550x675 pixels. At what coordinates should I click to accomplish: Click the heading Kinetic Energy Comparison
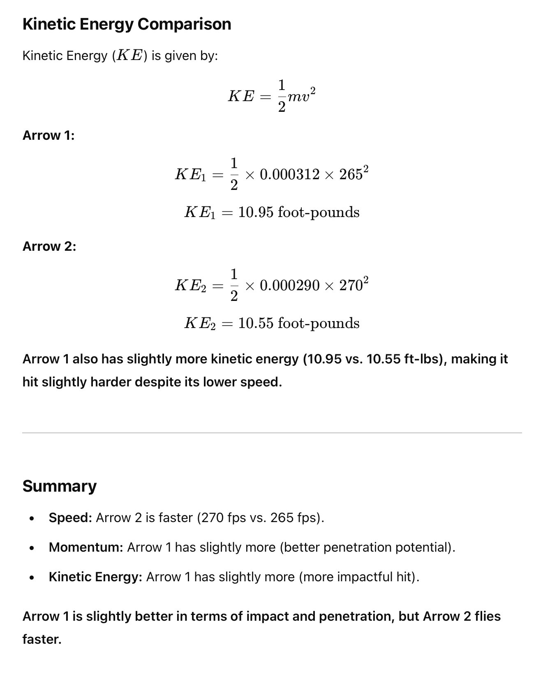127,24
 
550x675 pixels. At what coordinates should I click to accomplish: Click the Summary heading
60,486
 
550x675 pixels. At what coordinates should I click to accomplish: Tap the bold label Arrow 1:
49,135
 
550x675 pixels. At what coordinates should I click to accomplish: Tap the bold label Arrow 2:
49,246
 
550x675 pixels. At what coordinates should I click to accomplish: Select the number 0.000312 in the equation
289,175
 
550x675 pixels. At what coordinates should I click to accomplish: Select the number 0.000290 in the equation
289,285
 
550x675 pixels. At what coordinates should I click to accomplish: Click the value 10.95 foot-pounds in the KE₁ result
298,213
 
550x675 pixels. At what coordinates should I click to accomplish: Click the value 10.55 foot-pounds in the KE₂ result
298,323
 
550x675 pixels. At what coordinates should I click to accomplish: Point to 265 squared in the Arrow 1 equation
354,174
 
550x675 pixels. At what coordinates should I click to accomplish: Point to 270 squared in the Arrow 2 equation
354,284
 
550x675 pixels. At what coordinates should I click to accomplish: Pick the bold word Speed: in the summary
70,518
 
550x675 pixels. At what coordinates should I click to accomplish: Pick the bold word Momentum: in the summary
86,547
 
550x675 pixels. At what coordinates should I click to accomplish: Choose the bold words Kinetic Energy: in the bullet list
95,577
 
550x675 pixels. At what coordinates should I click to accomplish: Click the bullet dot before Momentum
32,548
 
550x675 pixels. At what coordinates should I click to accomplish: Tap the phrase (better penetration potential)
367,547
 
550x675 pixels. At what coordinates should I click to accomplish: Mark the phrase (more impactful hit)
359,577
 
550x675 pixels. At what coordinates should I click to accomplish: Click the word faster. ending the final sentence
42,639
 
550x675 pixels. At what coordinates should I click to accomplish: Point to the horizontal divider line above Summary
272,433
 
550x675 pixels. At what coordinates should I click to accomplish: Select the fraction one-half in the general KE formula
282,96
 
